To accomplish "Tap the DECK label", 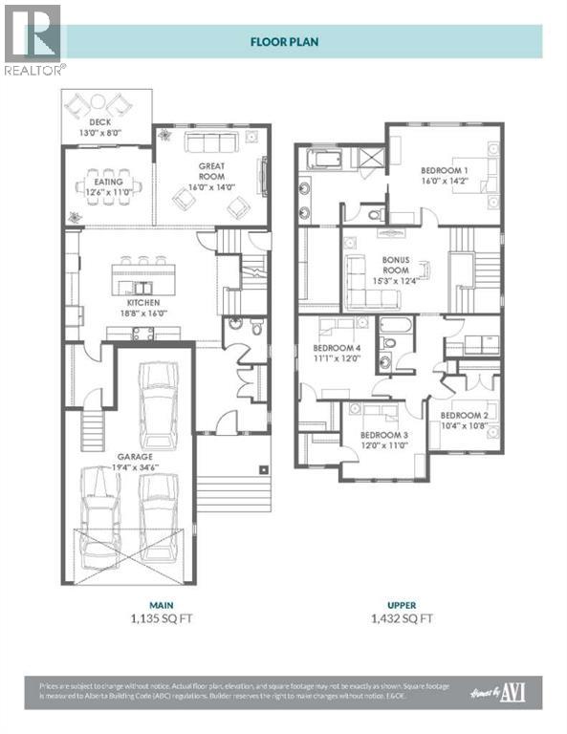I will [x=100, y=123].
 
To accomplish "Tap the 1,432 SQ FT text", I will [x=401, y=618].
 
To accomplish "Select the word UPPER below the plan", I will [x=401, y=604].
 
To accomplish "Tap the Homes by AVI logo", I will [x=512, y=691].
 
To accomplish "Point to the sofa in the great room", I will [x=211, y=143].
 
